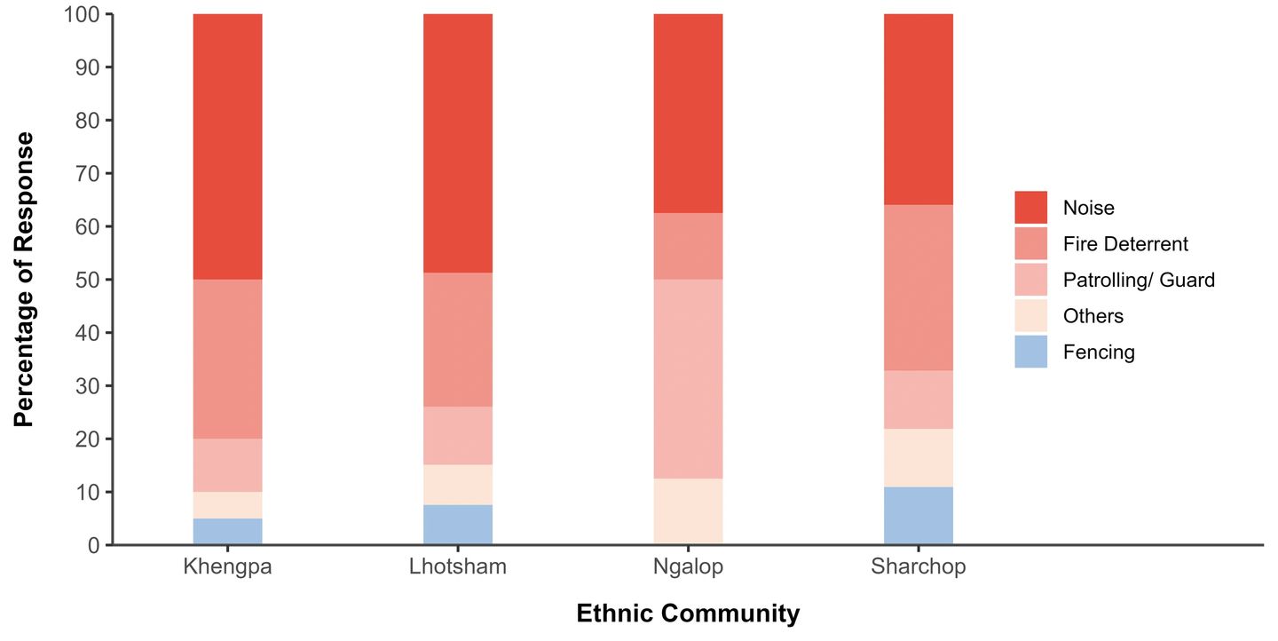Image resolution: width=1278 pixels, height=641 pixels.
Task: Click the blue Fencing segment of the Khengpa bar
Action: point(227,531)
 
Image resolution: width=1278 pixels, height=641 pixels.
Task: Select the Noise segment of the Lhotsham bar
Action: point(458,143)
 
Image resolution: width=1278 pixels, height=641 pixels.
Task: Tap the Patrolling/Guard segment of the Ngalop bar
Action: point(688,379)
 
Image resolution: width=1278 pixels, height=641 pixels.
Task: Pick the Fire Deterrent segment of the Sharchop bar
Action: point(919,288)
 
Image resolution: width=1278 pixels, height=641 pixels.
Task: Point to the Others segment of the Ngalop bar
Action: point(688,511)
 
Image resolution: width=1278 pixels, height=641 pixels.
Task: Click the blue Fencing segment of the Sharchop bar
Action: point(919,516)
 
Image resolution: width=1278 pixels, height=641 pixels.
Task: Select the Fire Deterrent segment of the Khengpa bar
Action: point(227,359)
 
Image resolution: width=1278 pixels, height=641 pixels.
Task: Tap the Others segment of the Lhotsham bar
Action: point(458,485)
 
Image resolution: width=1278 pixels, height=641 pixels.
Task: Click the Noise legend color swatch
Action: point(1031,208)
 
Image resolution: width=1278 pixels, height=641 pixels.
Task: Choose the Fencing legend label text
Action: point(1099,352)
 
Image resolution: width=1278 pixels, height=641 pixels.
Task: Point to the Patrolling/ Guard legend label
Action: point(1139,281)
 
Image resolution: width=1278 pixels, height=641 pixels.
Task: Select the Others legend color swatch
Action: point(1031,316)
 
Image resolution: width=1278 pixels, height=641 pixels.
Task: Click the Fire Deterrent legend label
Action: point(1125,244)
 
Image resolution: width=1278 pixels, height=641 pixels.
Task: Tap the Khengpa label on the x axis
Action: point(227,567)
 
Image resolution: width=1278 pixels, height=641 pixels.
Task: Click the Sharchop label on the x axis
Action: point(919,567)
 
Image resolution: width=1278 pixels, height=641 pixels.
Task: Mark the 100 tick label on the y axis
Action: point(83,15)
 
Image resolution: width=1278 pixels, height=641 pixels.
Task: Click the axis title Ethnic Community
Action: point(688,613)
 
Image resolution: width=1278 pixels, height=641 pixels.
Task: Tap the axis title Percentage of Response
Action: point(25,280)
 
